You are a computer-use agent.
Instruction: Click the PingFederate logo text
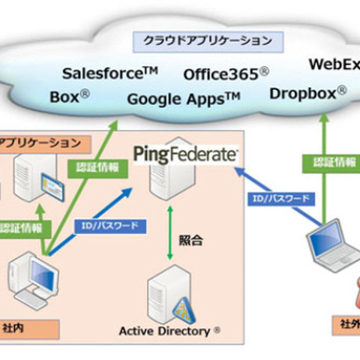[186, 154]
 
